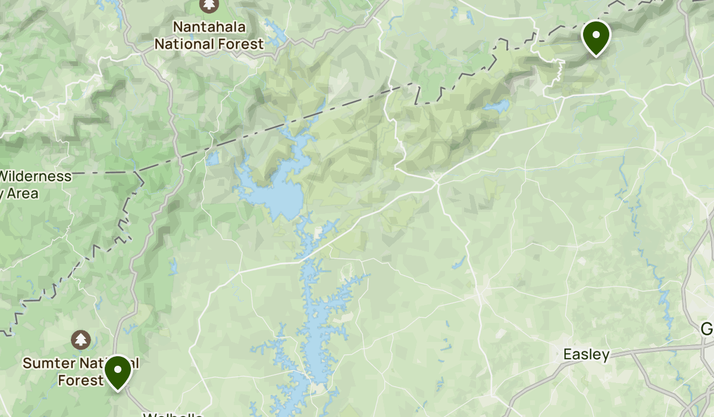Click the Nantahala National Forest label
click(x=209, y=35)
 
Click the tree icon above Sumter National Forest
click(x=80, y=340)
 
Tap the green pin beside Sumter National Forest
click(x=118, y=371)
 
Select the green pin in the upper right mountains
click(x=596, y=36)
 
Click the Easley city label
click(x=586, y=355)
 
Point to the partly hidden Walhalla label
click(x=173, y=414)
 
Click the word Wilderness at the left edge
click(x=36, y=176)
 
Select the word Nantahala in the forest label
click(x=209, y=27)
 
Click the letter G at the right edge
click(x=707, y=329)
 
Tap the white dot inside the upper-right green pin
click(x=596, y=33)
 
